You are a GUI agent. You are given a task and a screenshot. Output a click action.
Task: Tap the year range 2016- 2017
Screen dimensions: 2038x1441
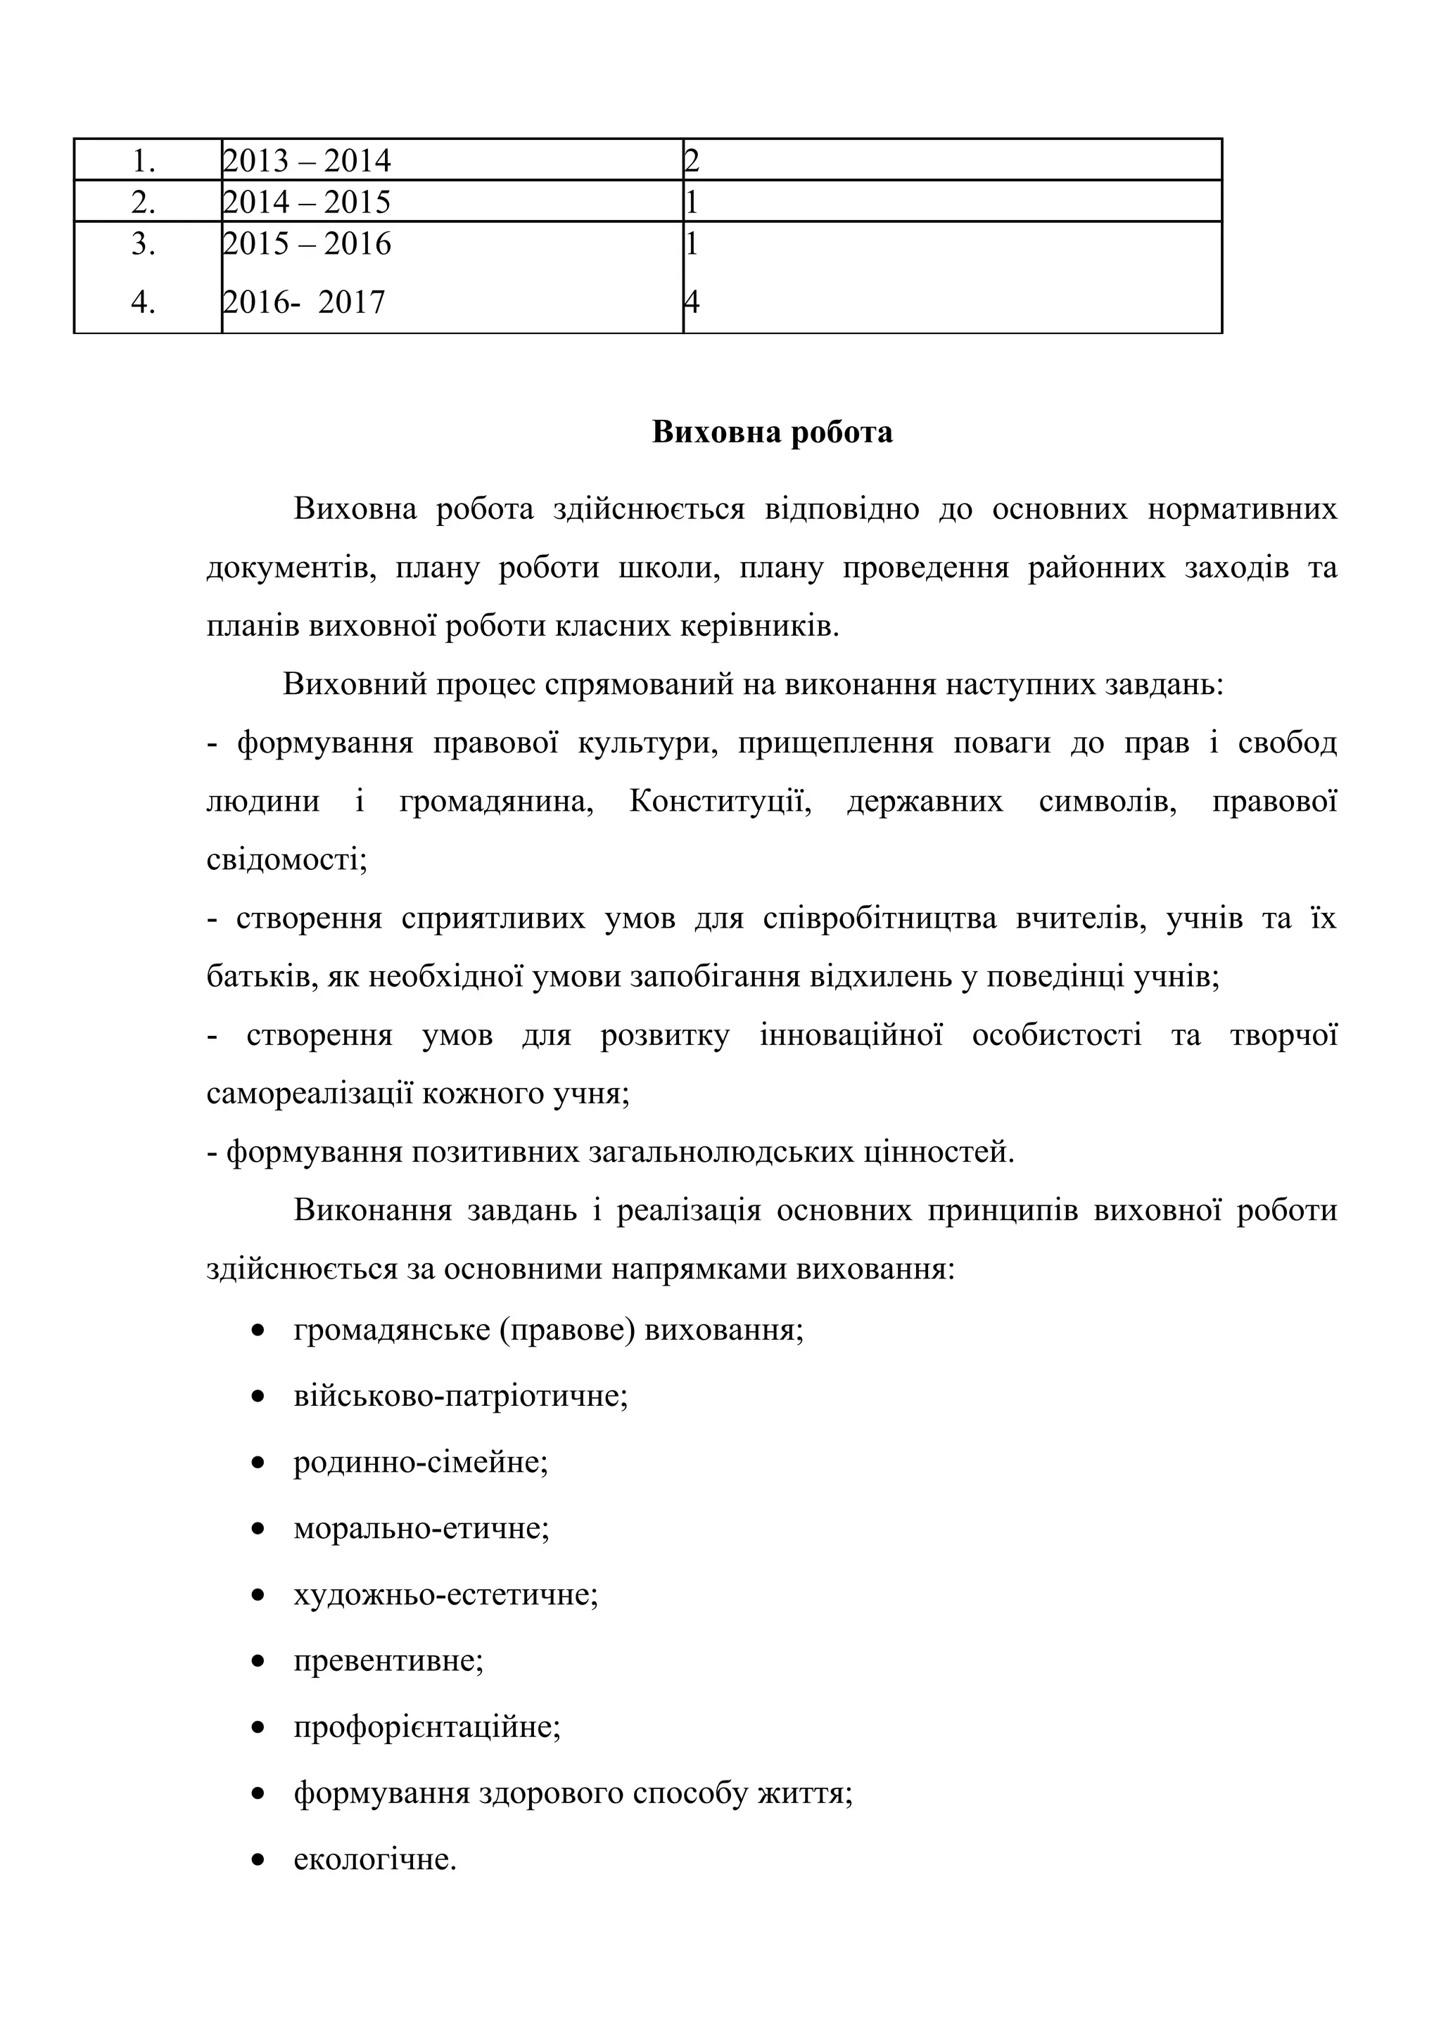(x=304, y=302)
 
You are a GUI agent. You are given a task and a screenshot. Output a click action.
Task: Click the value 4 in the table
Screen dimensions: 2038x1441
(x=692, y=302)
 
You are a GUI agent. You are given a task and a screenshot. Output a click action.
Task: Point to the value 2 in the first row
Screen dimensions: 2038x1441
(x=692, y=160)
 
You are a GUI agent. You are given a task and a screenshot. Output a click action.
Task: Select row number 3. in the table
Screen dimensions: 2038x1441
(x=144, y=244)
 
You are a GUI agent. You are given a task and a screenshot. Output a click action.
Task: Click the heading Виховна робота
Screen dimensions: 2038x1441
(x=772, y=432)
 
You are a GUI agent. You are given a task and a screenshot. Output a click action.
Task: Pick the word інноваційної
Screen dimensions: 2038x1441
(x=851, y=1036)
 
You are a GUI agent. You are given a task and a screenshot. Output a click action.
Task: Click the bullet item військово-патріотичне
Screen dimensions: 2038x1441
(x=460, y=1396)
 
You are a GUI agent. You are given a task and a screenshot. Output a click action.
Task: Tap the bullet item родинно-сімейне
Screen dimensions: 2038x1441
(x=421, y=1462)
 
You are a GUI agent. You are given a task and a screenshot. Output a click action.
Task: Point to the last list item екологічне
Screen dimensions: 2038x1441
(x=375, y=1859)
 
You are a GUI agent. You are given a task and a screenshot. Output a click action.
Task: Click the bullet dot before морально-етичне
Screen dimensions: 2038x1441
(x=258, y=1530)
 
